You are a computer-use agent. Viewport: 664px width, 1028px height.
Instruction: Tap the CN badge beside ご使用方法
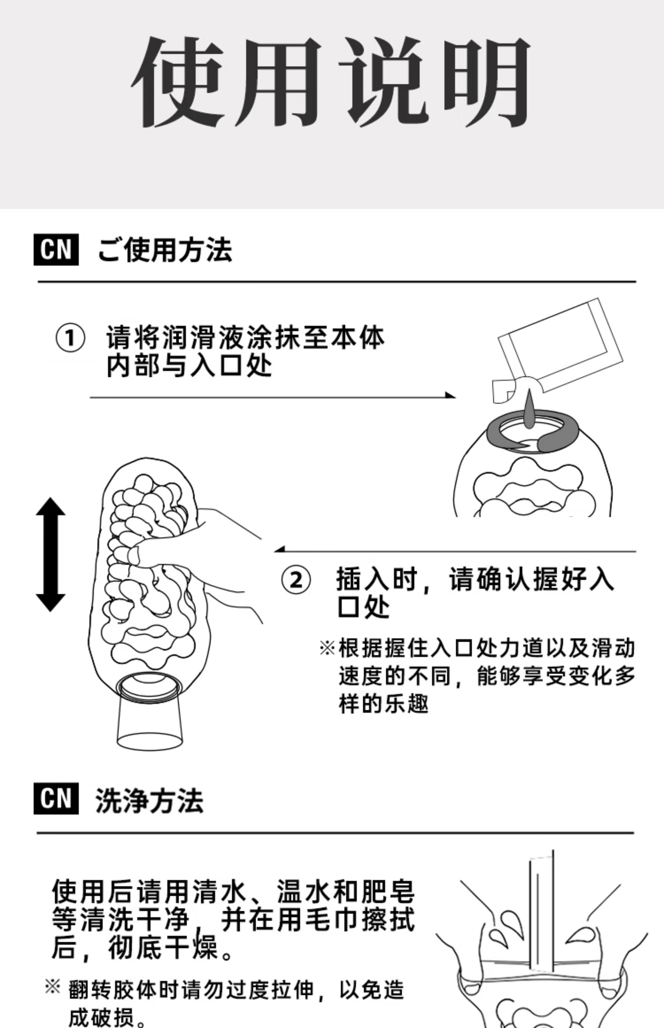click(56, 250)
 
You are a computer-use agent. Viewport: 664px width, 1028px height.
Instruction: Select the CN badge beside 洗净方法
click(56, 798)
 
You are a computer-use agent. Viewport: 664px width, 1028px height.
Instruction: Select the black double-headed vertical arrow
click(50, 554)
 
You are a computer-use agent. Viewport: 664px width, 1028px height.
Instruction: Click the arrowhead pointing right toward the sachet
click(450, 395)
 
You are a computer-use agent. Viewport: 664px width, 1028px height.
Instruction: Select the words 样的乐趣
click(383, 704)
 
